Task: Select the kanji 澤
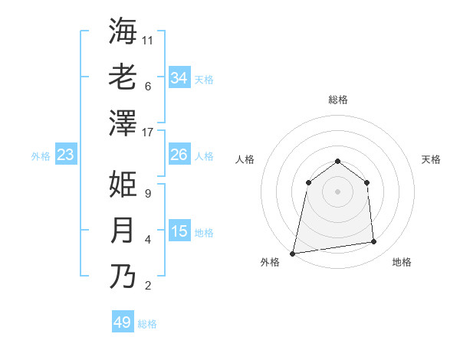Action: (123, 123)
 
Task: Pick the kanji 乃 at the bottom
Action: (123, 276)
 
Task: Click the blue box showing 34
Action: (179, 78)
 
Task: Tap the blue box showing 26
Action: (179, 155)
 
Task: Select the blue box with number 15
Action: (179, 231)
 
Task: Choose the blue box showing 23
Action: (66, 155)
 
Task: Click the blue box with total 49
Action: (123, 322)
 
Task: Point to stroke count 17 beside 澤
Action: (149, 133)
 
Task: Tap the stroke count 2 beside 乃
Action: (148, 286)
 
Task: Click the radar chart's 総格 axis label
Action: (337, 100)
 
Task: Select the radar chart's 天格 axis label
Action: (431, 159)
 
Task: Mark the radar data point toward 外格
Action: (293, 253)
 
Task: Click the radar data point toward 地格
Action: (374, 242)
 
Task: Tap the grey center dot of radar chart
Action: (337, 191)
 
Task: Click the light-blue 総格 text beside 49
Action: (148, 324)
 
